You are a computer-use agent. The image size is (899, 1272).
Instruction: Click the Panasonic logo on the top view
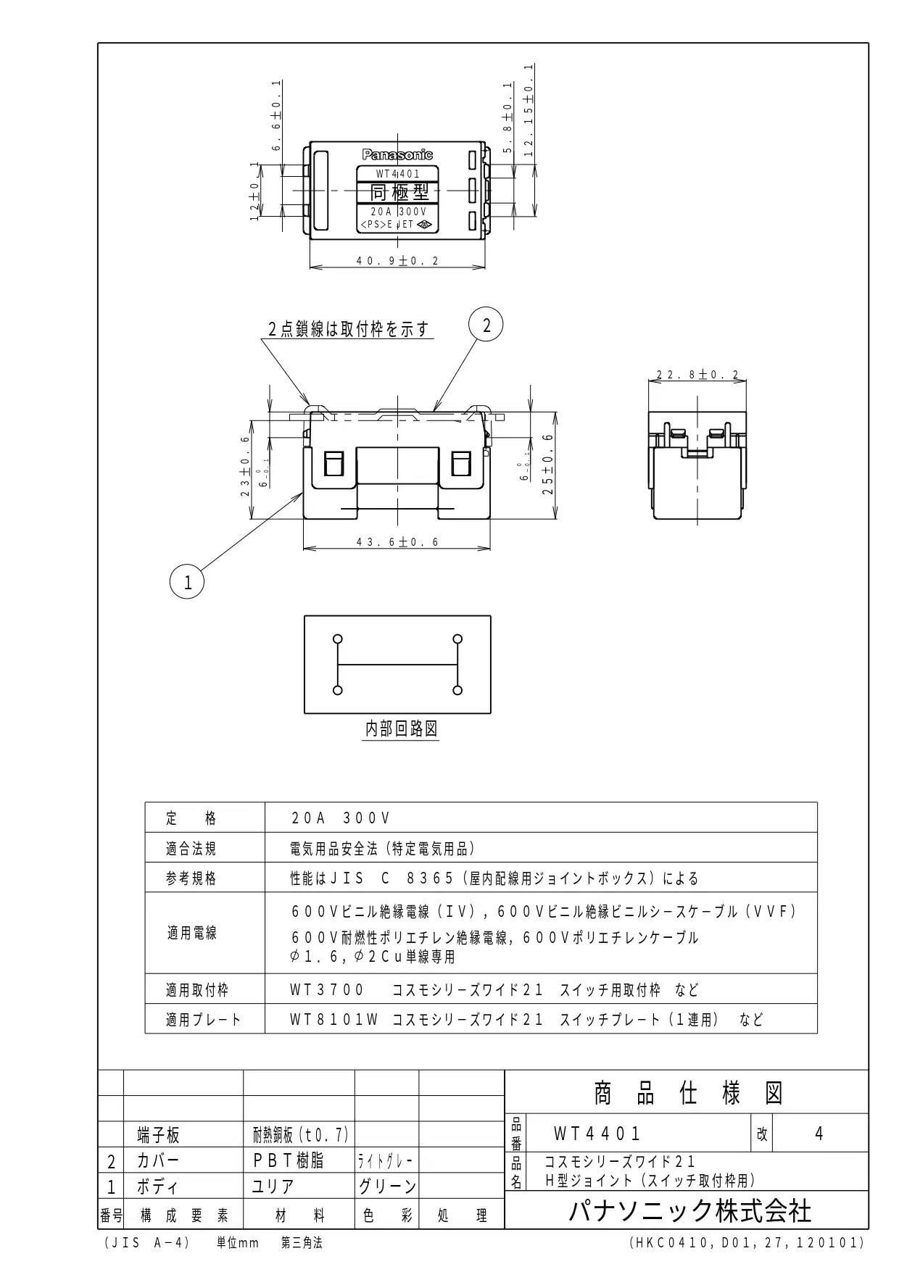tap(397, 154)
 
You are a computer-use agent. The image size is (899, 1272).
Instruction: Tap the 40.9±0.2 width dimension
tap(397, 261)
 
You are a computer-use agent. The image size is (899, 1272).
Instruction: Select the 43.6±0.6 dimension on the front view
tap(397, 542)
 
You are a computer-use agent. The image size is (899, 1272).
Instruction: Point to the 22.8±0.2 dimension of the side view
tap(697, 375)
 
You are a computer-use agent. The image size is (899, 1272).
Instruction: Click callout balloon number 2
tap(486, 325)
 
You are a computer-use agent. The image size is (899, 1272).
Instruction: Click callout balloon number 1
tap(187, 582)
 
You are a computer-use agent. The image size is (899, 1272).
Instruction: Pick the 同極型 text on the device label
tap(399, 192)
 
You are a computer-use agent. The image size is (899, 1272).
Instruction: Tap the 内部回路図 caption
tap(401, 729)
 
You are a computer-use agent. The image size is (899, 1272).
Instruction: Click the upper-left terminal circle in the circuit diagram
tap(337, 639)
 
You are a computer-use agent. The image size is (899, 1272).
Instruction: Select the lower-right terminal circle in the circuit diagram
tap(457, 690)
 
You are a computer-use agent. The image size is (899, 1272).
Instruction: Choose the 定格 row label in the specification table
tap(191, 818)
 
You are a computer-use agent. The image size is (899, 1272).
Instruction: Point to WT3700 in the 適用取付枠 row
tap(327, 990)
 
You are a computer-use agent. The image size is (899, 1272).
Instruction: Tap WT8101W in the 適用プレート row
tap(334, 1020)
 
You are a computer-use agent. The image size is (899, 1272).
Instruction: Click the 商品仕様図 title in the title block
tap(688, 1093)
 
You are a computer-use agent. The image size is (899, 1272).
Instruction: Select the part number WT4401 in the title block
tap(597, 1134)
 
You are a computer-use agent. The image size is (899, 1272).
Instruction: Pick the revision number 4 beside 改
tap(819, 1134)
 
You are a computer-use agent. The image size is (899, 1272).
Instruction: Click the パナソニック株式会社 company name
tap(689, 1211)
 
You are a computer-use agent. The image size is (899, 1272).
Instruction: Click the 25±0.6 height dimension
tap(548, 464)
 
